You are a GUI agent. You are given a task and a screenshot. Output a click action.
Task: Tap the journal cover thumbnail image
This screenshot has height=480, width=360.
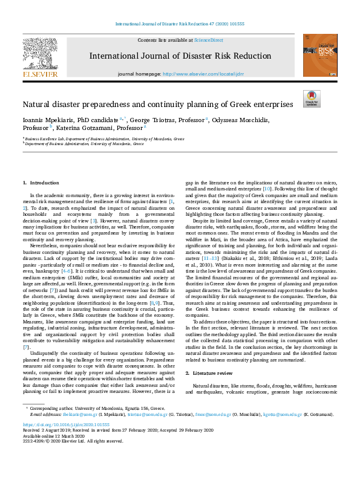[x=320, y=55]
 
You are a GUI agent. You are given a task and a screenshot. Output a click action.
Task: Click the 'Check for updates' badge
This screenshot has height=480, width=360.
[x=311, y=99]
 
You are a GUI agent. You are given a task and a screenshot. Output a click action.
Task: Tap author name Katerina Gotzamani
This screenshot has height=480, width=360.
[x=96, y=128]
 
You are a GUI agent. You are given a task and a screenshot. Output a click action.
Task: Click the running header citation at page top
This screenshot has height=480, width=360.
[x=180, y=24]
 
